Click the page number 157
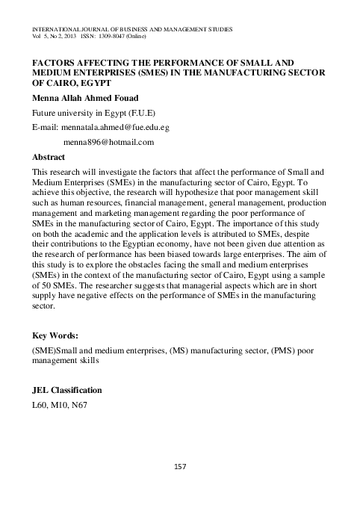[179, 467]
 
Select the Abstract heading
[49, 158]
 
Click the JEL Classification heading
[67, 391]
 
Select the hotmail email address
[109, 142]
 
